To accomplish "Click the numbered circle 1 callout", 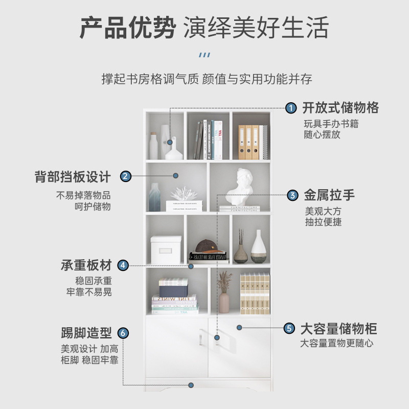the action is [x=290, y=108].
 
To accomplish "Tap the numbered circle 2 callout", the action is [x=126, y=177].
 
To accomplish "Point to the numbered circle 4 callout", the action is [x=123, y=265].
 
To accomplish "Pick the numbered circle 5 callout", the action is [x=289, y=328].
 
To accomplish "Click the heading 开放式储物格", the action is [x=340, y=108].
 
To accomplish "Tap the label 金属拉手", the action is [x=329, y=195].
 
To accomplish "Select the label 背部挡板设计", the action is [x=73, y=177].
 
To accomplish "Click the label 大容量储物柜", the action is [x=338, y=328].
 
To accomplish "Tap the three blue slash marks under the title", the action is [x=204, y=55].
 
